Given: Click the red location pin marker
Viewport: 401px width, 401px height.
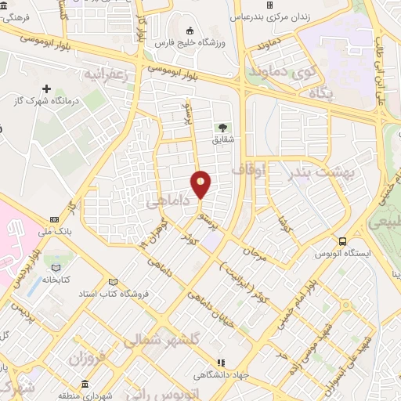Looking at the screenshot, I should [x=201, y=183].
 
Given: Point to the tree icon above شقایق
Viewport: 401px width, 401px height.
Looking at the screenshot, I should [x=224, y=127].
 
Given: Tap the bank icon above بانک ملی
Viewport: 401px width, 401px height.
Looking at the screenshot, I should [x=54, y=219].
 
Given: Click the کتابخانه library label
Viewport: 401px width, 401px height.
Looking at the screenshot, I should [x=56, y=279].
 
